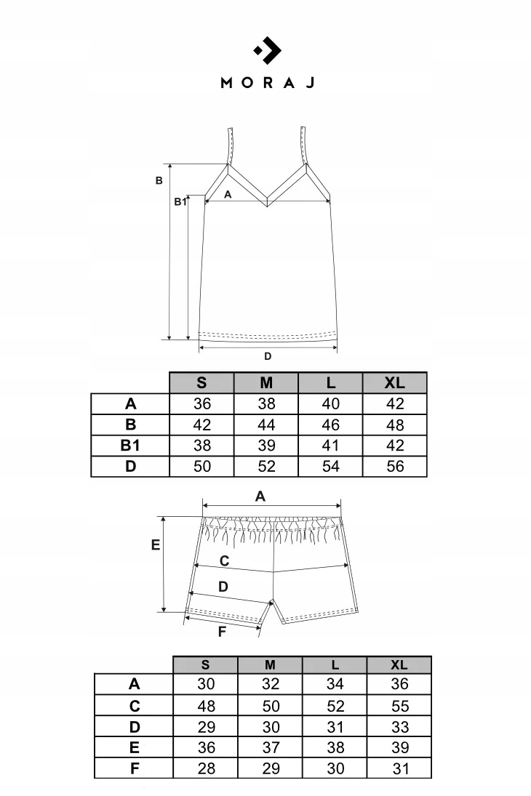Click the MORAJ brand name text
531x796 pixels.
point(267,82)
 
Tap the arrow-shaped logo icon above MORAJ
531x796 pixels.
point(267,50)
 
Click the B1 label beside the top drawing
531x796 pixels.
point(180,202)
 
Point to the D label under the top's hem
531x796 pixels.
point(268,356)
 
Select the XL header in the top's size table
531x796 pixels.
point(396,383)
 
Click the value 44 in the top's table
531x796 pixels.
point(267,425)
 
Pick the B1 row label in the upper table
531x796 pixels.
point(130,446)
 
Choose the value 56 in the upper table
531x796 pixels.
point(396,467)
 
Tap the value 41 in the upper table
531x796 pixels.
point(331,446)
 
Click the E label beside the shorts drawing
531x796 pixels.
point(155,544)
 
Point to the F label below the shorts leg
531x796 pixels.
point(222,632)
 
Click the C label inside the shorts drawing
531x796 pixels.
point(224,561)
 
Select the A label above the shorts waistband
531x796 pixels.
point(260,497)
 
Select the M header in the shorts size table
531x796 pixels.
point(271,665)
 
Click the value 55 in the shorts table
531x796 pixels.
point(399,706)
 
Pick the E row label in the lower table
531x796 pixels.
point(135,747)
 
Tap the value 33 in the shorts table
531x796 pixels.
point(399,727)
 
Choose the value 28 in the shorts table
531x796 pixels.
point(206,768)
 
